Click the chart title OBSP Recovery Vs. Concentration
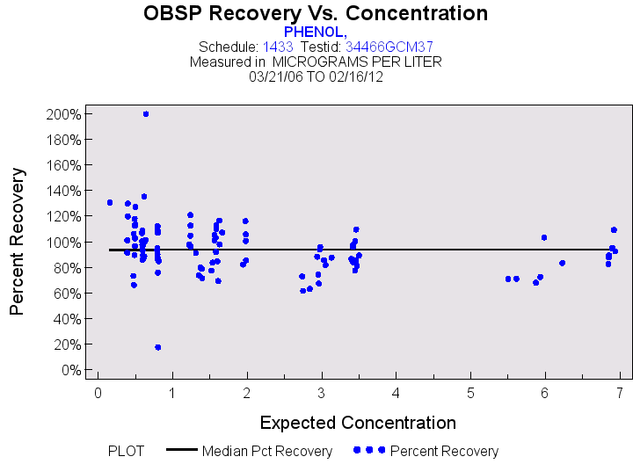pyautogui.click(x=316, y=14)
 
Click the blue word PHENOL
pyautogui.click(x=316, y=31)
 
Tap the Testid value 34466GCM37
pyautogui.click(x=389, y=47)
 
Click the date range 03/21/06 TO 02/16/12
pyautogui.click(x=316, y=77)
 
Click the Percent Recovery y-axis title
pyautogui.click(x=18, y=242)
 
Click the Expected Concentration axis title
pyautogui.click(x=346, y=422)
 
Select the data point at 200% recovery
pyautogui.click(x=146, y=114)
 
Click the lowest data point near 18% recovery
pyautogui.click(x=157, y=347)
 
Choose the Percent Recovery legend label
pyautogui.click(x=444, y=452)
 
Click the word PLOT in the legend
pyautogui.click(x=126, y=452)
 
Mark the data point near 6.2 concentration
pyautogui.click(x=562, y=263)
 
